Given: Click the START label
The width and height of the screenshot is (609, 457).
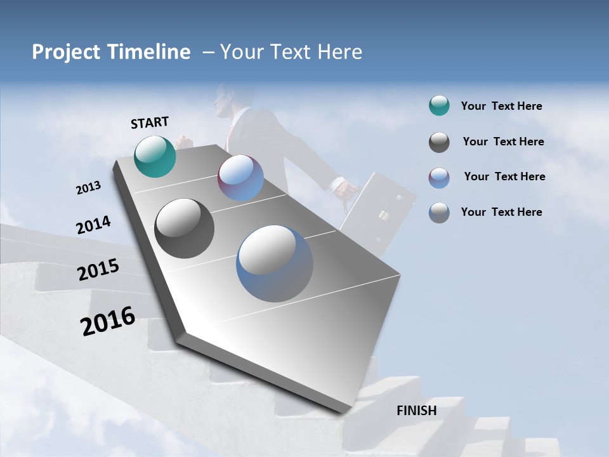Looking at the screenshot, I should (x=150, y=123).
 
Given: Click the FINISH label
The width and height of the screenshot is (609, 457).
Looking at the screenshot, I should (x=416, y=411).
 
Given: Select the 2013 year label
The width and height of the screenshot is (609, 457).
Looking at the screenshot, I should (x=88, y=188).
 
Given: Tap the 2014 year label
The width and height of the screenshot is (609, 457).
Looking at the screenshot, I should (x=93, y=225).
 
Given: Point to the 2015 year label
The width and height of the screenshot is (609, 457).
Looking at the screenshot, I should (x=98, y=270).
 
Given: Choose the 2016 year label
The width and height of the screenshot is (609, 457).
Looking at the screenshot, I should (x=108, y=321).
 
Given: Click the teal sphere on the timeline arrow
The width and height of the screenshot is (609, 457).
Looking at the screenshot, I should (x=155, y=157).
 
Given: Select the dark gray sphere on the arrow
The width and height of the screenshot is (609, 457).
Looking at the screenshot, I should (x=184, y=228).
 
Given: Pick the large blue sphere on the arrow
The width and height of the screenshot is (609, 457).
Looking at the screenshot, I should (x=275, y=263).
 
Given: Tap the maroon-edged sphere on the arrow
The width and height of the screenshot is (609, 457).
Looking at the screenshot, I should (x=240, y=178).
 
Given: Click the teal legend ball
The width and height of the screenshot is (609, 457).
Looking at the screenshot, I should (x=439, y=106).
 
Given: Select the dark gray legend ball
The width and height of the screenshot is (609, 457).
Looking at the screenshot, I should (x=439, y=142).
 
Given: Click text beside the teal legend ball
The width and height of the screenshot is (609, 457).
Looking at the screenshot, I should (x=501, y=107).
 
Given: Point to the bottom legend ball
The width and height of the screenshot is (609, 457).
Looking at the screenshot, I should (x=439, y=213).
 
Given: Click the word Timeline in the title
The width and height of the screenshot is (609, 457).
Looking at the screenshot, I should (x=149, y=52).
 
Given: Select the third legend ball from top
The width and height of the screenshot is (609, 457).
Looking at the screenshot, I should (x=439, y=178).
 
